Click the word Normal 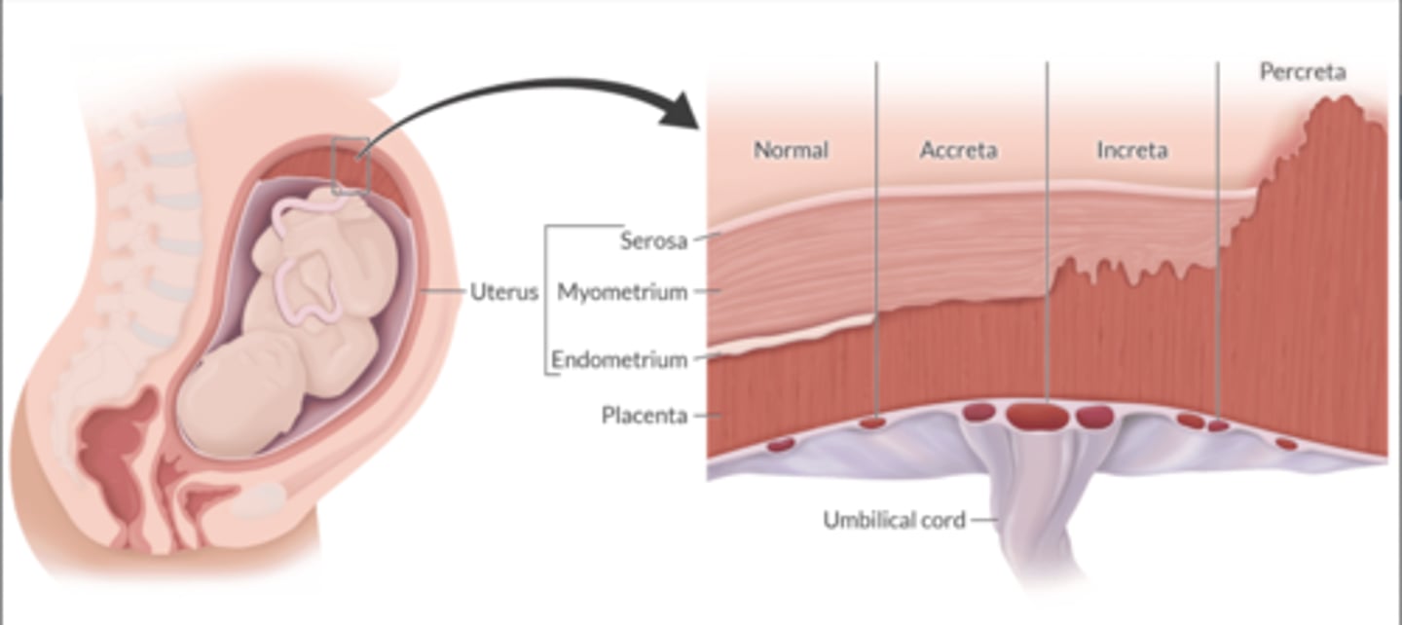click(x=791, y=150)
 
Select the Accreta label click(x=958, y=150)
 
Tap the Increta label click(x=1131, y=150)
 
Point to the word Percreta click(x=1302, y=72)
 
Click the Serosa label click(x=654, y=240)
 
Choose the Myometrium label click(x=622, y=291)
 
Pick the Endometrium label click(x=619, y=359)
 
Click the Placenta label click(x=644, y=416)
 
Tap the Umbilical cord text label click(x=894, y=520)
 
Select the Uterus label click(x=504, y=291)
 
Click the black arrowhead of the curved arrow click(x=682, y=112)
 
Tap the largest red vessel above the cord click(x=1037, y=417)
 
